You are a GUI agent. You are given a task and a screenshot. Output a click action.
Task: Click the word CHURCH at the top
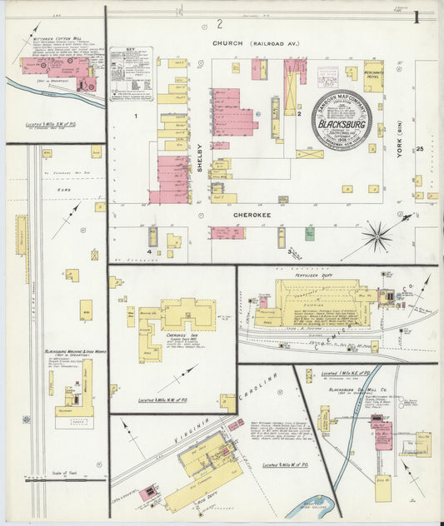point(227,42)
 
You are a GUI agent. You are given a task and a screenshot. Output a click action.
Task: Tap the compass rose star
point(377,237)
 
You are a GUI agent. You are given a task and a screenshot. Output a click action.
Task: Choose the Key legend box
point(132,74)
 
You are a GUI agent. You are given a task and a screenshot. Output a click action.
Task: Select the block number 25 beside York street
point(421,149)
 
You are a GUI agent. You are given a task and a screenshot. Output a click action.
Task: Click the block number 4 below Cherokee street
point(150,251)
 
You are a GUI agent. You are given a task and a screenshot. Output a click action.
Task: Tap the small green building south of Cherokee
point(309,235)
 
